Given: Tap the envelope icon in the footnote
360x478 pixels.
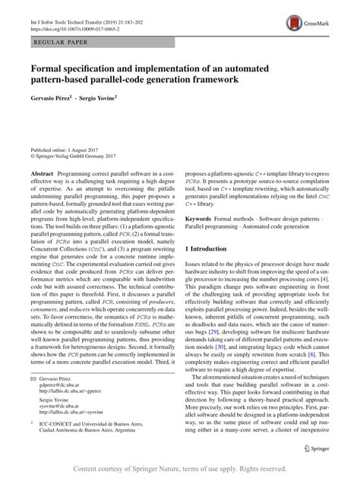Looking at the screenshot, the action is coord(33,398).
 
